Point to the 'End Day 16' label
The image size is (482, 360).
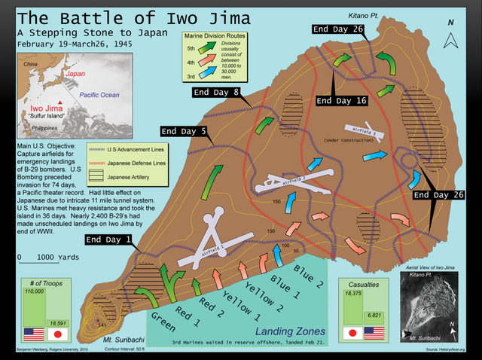(x=341, y=100)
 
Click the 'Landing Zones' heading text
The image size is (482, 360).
(x=291, y=331)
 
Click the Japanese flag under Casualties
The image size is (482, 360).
(x=352, y=332)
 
